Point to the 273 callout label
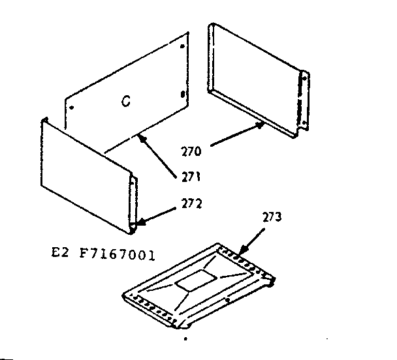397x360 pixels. [272, 218]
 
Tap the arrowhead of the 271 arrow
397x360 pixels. [140, 136]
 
